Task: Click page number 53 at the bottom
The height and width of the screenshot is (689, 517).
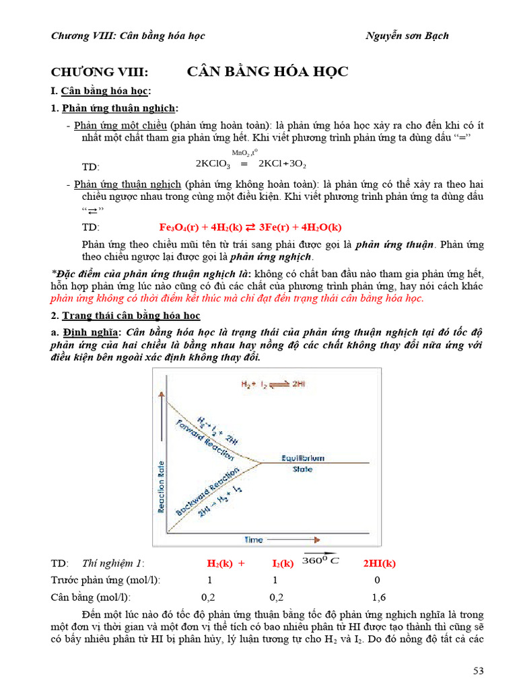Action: (477, 670)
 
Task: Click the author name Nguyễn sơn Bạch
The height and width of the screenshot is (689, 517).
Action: (408, 36)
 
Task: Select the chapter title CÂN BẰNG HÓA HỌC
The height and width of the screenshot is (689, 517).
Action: (267, 72)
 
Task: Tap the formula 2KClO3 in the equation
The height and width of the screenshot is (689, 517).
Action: (213, 164)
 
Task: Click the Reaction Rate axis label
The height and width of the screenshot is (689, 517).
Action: (162, 480)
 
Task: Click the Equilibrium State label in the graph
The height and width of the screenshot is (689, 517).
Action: (302, 463)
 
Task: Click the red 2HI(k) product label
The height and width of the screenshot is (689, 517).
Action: (380, 563)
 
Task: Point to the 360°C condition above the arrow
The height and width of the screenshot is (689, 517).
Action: (321, 560)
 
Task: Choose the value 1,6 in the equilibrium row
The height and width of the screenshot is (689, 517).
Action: (379, 597)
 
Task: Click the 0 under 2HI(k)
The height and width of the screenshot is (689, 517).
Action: (377, 580)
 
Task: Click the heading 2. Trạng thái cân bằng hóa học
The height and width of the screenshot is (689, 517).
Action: (126, 316)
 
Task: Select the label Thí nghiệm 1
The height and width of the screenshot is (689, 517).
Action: (113, 563)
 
